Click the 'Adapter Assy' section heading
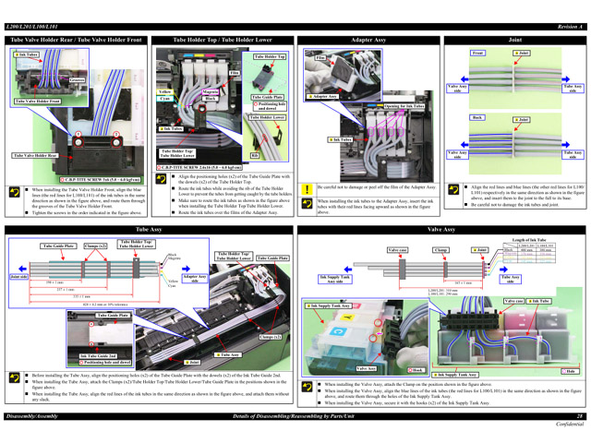click(368, 42)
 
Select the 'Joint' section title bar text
click(515, 42)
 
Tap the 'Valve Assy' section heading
click(441, 228)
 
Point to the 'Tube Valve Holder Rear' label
click(34, 155)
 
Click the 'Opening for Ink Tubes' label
click(404, 106)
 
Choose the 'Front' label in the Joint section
click(477, 54)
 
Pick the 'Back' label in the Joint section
click(477, 118)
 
